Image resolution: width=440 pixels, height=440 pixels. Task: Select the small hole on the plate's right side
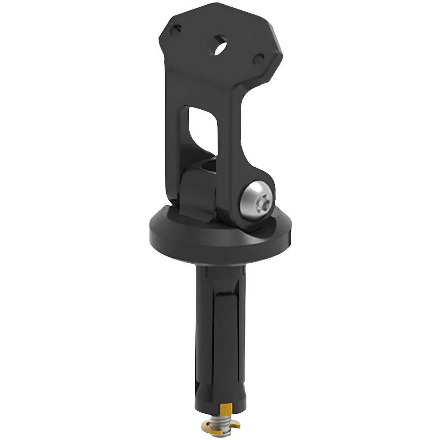(x=258, y=59)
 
